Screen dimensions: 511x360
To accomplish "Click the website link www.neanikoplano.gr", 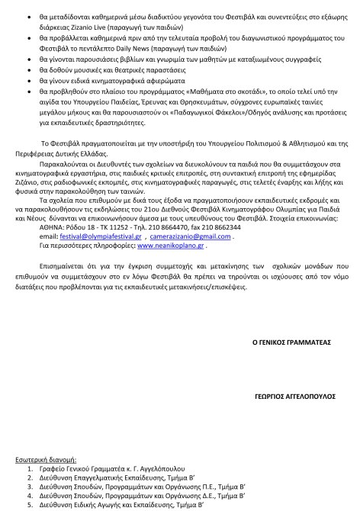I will point(171,225).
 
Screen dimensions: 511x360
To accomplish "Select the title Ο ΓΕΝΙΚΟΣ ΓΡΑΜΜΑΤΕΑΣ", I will point(291,343).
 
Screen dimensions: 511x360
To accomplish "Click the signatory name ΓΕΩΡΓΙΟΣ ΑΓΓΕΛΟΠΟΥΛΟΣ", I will point(292,397).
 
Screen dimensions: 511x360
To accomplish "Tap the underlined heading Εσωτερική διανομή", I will point(47,461).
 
